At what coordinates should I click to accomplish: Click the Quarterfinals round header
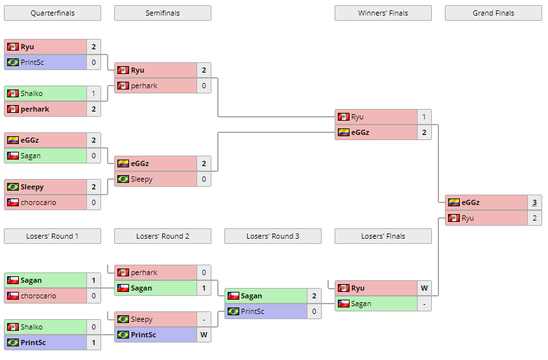point(52,13)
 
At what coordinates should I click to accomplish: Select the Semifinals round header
point(162,13)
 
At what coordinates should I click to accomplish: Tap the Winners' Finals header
point(383,13)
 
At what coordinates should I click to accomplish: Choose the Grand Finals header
point(493,13)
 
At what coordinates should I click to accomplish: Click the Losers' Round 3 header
point(272,236)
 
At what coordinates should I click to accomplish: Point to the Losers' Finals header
point(383,236)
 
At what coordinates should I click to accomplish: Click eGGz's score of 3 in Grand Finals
point(534,202)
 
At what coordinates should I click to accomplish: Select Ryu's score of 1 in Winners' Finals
point(423,117)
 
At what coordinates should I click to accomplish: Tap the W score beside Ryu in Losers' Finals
point(423,288)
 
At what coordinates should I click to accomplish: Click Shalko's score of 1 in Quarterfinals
point(93,93)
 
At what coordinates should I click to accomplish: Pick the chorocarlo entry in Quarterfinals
point(45,202)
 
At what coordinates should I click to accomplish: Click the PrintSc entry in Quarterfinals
point(45,62)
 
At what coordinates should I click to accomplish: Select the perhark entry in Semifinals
point(156,86)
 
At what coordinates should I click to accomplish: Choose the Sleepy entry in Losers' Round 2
point(156,319)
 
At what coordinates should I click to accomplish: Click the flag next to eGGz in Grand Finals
point(454,202)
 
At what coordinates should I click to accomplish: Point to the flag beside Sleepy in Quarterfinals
point(12,187)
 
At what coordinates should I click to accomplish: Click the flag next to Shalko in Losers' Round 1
point(12,327)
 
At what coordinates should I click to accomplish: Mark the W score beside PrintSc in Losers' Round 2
point(204,335)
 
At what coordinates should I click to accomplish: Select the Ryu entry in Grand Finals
point(486,218)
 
